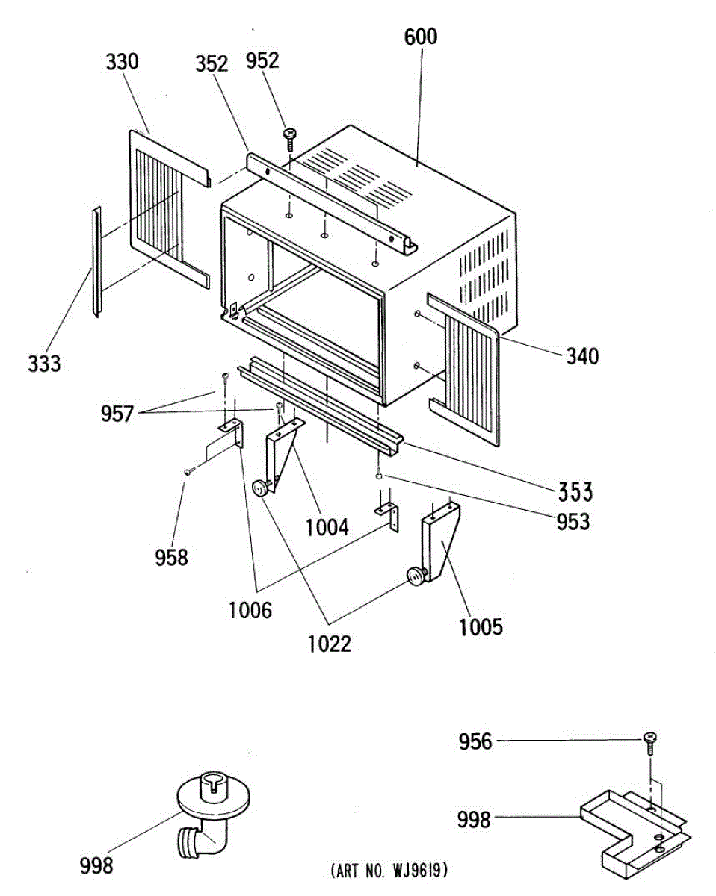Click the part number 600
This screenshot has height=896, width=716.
(421, 36)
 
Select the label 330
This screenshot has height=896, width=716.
(122, 61)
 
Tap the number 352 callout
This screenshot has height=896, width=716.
(212, 63)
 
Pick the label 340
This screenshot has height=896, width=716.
(581, 357)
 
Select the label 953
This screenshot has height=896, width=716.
(573, 522)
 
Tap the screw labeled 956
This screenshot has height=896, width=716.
(650, 739)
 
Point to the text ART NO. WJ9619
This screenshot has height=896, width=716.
(389, 871)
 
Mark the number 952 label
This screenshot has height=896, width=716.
(262, 60)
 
